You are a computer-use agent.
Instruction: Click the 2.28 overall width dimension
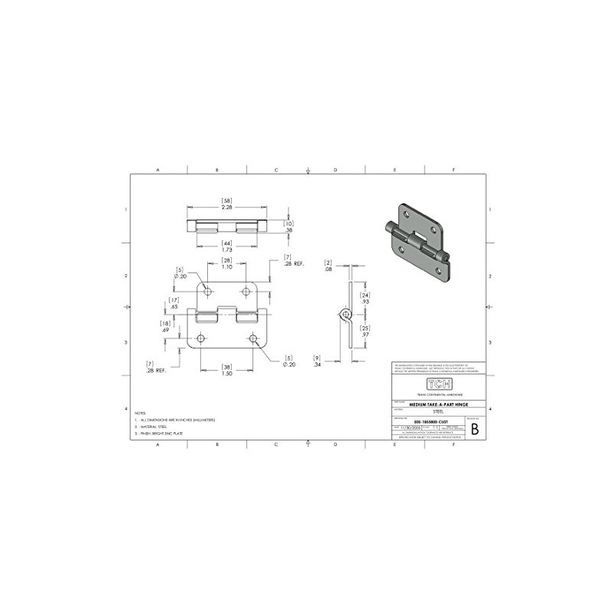click(x=227, y=206)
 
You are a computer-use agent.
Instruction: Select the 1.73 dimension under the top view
click(x=227, y=250)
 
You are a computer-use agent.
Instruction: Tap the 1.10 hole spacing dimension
click(x=227, y=266)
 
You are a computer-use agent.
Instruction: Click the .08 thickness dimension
click(x=327, y=270)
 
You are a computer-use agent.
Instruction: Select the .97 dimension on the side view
click(x=366, y=335)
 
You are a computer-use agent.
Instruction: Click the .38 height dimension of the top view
click(x=289, y=229)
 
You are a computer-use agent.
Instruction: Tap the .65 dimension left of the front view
click(x=175, y=306)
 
